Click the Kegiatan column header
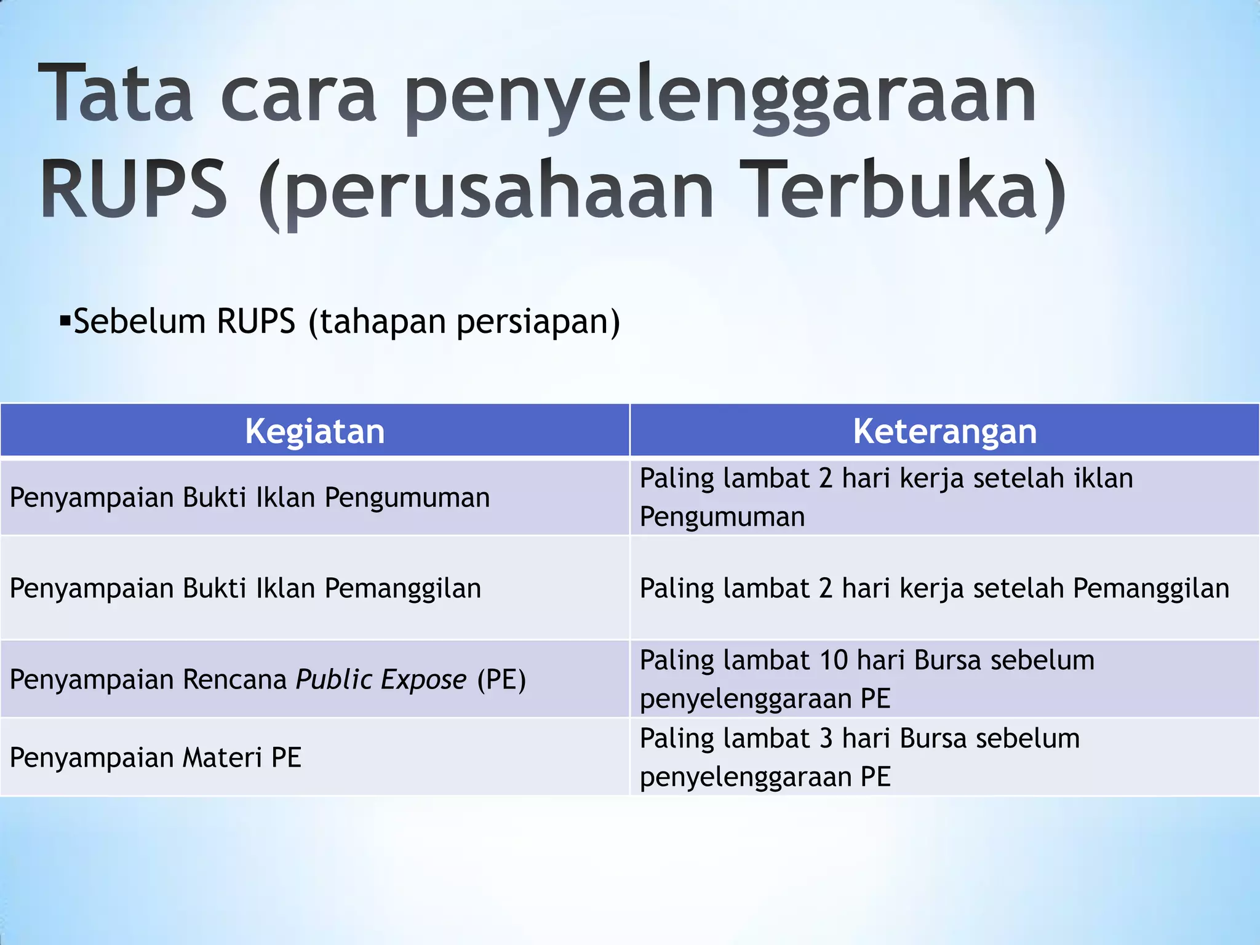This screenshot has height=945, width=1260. point(314,431)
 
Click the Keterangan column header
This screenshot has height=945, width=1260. point(944,431)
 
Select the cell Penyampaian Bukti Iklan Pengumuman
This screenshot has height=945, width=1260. point(250,498)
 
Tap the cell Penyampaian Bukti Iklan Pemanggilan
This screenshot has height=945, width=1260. point(245,588)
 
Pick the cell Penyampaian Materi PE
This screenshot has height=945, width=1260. point(156,757)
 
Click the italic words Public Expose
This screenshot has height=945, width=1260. point(381,680)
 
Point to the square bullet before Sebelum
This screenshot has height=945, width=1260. point(65,321)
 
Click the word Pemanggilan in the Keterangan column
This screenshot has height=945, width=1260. point(1151,589)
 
